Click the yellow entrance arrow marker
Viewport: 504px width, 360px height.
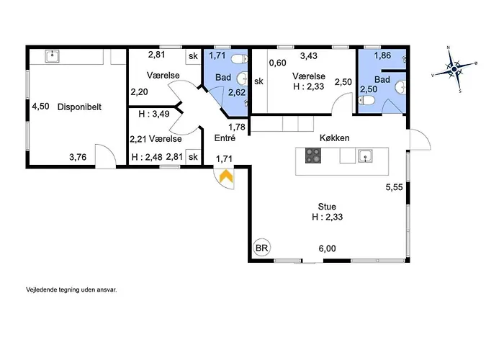pos(226,176)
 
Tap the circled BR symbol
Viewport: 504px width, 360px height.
pos(262,248)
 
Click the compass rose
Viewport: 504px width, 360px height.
pos(454,69)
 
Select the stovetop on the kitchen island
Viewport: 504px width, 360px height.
pos(313,156)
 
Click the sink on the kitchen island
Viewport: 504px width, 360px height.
pos(366,156)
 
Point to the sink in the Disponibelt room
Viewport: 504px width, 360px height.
pos(52,56)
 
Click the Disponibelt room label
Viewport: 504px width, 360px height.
pos(79,107)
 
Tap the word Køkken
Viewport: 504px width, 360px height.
pos(334,138)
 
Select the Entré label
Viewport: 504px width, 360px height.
pos(225,138)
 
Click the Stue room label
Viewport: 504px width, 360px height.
pos(327,207)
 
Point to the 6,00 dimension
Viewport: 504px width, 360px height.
pos(327,248)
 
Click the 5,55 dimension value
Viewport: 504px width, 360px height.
pos(394,187)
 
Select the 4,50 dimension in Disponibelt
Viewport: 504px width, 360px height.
pos(40,107)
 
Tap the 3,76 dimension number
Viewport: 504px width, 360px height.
pos(78,157)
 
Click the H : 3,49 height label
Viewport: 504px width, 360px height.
pos(154,114)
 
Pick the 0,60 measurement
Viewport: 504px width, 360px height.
pos(277,63)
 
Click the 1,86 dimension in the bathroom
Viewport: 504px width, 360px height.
pos(382,55)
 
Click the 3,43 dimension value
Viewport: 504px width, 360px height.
pos(309,55)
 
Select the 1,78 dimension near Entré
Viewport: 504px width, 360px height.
pos(237,127)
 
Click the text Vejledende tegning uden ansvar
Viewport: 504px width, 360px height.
pos(71,289)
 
